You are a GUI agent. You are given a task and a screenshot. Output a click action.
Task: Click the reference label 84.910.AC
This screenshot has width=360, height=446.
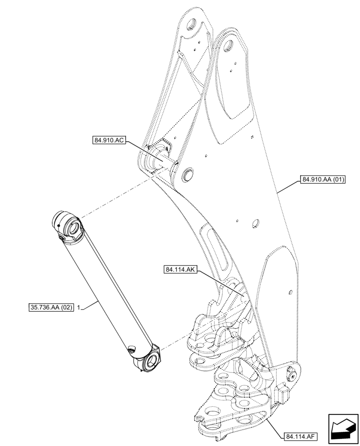(109, 140)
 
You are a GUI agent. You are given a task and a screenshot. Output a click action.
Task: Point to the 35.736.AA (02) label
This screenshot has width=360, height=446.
(50, 307)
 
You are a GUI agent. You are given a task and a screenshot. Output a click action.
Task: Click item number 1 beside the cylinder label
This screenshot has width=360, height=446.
(78, 307)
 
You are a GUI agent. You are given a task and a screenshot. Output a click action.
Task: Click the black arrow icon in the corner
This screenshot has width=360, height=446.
(343, 429)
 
